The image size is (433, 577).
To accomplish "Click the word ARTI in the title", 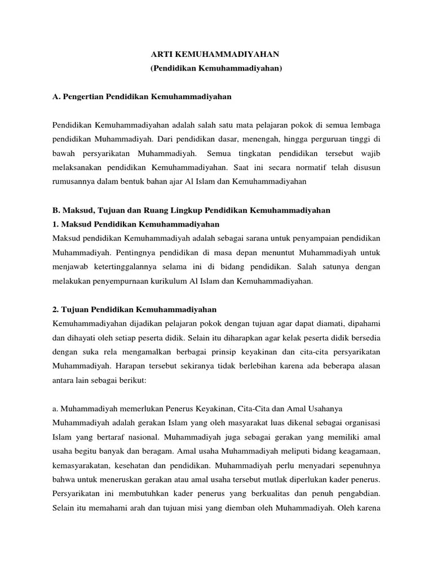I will pos(162,54).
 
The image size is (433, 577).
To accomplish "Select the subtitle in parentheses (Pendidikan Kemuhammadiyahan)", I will pos(216,68).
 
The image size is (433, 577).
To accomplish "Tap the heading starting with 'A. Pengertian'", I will pos(142,96).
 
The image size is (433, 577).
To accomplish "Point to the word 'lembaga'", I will pos(365,123).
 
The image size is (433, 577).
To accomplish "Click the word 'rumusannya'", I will pos(74,182).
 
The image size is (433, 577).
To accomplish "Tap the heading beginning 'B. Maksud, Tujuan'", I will pos(191,210).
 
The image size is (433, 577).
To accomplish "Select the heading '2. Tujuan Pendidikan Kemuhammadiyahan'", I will pos(135,310).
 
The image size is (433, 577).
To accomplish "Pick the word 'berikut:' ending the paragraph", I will pos(132,380).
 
